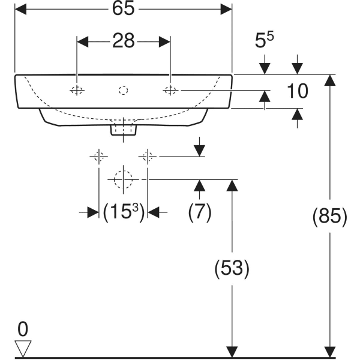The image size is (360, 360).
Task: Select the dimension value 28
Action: coord(123,41)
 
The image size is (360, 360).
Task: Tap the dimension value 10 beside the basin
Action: coord(297,91)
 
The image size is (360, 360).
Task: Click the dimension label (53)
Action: coord(230,268)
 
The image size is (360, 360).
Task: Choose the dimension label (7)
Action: coord(200,212)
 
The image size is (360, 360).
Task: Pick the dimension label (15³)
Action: coord(123,212)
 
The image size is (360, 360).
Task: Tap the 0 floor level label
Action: coord(23,329)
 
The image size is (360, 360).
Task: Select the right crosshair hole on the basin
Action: coord(170,91)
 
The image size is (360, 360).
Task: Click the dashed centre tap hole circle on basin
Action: coord(124,91)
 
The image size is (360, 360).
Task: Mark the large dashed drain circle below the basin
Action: coord(123,179)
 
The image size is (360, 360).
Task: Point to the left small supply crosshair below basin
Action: coord(98,157)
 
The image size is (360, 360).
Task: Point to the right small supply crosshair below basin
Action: coord(148,157)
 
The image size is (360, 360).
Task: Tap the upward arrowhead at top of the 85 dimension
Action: coord(328,82)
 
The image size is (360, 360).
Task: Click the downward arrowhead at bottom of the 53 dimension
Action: coord(230,350)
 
